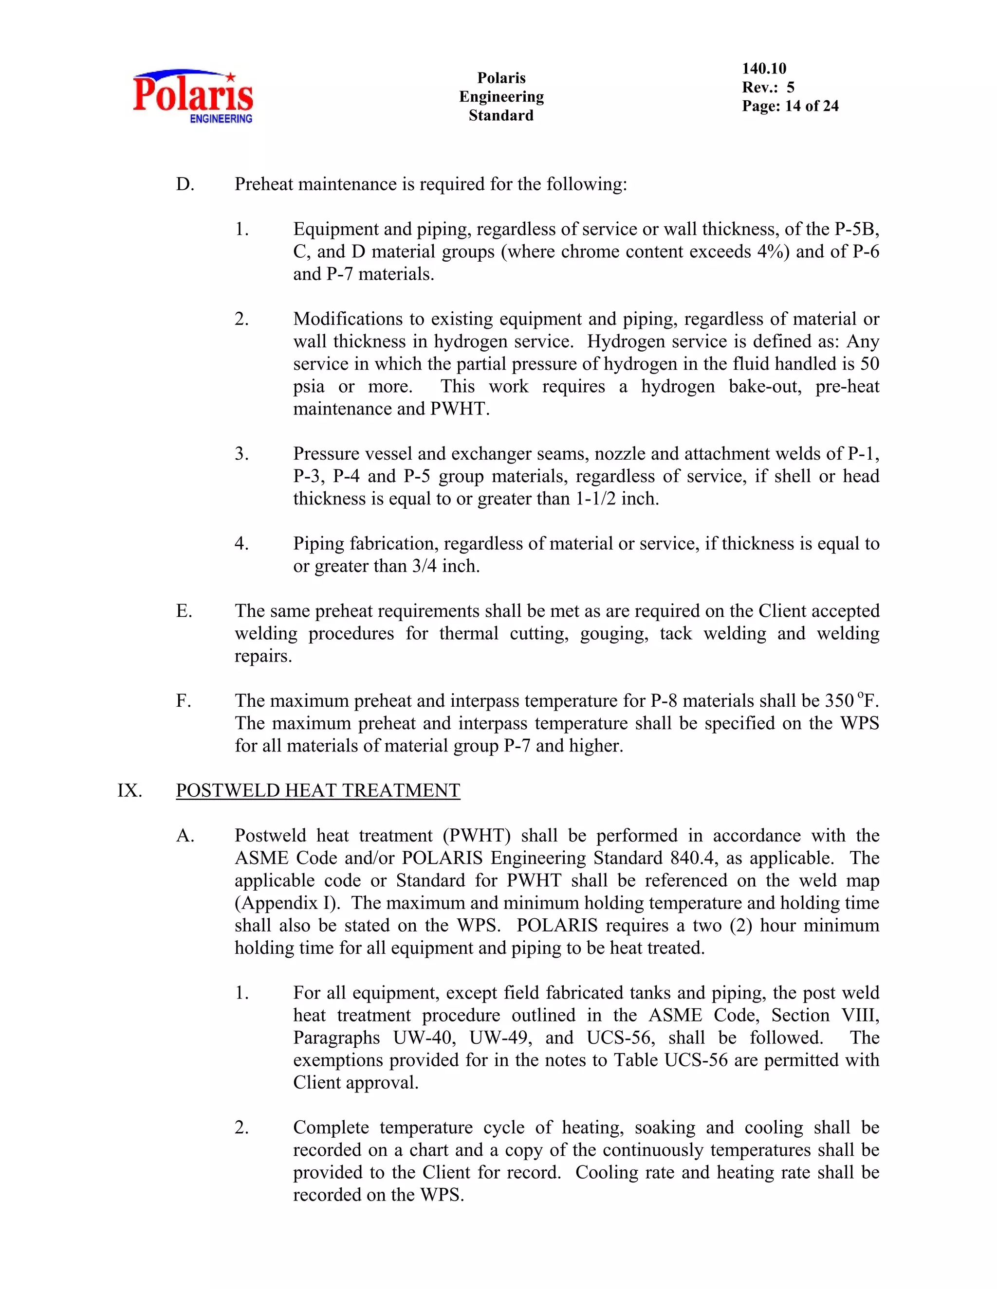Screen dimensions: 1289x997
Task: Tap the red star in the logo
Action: [231, 76]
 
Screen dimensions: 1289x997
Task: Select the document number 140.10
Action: [764, 69]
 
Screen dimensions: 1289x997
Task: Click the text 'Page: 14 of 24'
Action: [790, 106]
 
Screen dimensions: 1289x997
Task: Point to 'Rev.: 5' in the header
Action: [768, 88]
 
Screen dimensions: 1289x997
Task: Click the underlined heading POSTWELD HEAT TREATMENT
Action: [318, 790]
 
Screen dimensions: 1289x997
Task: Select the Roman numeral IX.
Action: [129, 790]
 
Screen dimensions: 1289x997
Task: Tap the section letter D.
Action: [185, 184]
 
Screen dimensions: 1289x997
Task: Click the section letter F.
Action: [183, 700]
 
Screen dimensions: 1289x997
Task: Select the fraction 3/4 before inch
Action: [426, 566]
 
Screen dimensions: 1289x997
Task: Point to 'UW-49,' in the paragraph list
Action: [501, 1037]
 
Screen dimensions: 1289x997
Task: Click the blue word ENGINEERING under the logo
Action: [221, 119]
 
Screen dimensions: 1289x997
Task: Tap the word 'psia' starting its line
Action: [308, 387]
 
